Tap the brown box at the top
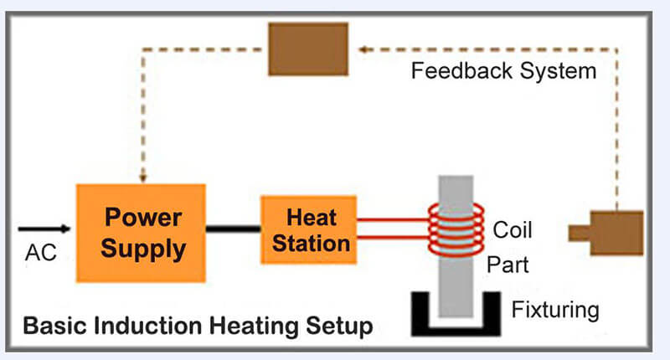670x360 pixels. coord(307,49)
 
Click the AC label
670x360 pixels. coord(40,251)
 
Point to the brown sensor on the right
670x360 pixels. coord(612,232)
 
